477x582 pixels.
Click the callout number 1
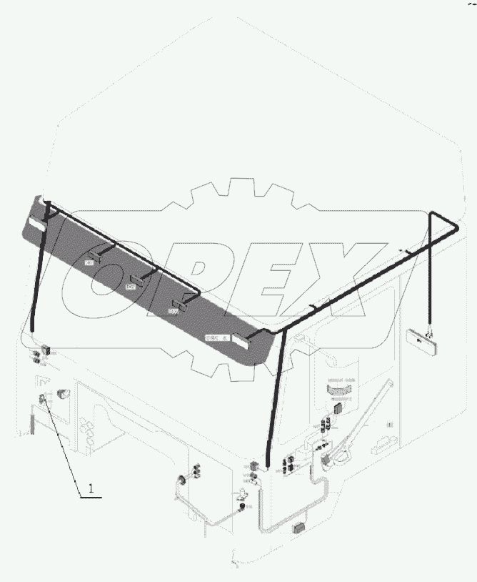tap(91, 488)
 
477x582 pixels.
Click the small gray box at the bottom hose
tap(298, 530)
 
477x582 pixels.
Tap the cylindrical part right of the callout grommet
tap(64, 393)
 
